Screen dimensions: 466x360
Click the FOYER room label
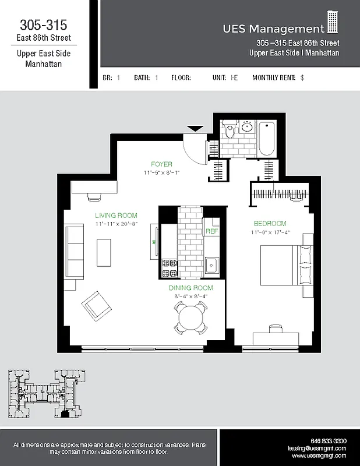point(161,164)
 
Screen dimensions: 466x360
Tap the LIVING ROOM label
point(116,216)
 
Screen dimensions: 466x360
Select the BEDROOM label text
point(270,224)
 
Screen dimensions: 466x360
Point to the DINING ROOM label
point(190,288)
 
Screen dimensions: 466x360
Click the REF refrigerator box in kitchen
point(211,231)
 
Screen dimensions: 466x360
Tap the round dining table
point(190,319)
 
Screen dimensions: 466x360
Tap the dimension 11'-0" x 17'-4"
point(270,233)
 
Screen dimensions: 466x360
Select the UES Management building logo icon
point(333,24)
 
